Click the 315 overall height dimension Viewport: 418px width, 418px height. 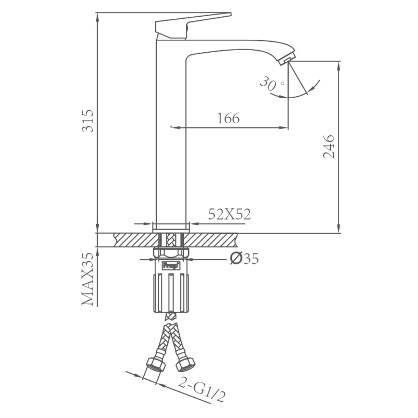coord(88,121)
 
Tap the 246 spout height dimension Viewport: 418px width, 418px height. coord(329,147)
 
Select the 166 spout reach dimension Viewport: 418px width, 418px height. coord(228,119)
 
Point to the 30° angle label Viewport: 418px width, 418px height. coord(271,84)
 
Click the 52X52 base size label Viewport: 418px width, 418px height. coord(229,214)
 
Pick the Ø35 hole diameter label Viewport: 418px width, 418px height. coord(245,259)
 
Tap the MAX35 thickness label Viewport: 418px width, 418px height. coord(88,279)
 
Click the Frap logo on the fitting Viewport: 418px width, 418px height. coord(171,266)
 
